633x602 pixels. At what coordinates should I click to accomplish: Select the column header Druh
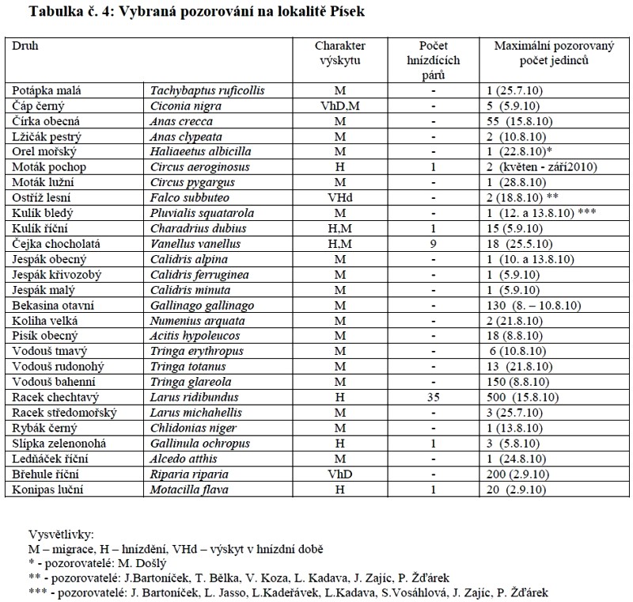25,46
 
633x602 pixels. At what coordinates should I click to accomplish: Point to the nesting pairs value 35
434,397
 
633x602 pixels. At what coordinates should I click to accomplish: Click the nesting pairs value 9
434,244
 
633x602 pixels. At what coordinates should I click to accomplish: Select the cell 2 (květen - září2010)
546,167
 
